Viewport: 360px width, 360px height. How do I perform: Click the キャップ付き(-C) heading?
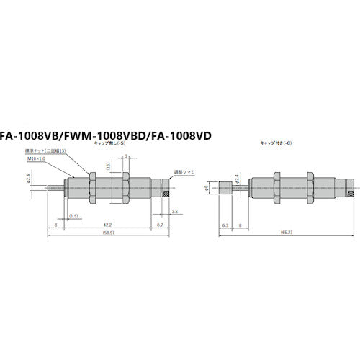[x=277, y=143]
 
